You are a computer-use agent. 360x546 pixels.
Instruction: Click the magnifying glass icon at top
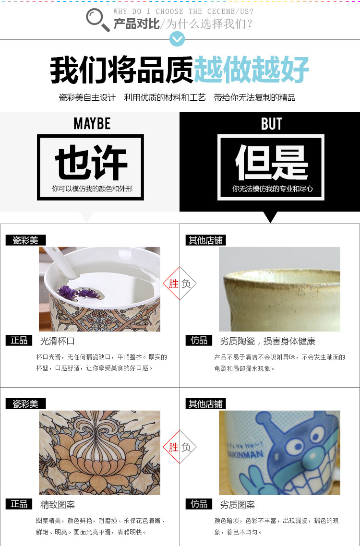pos(97,20)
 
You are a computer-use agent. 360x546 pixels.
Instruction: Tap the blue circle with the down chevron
pos(177,39)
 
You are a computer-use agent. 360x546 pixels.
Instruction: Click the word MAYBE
pos(92,124)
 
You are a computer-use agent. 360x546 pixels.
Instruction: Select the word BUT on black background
pos(272,124)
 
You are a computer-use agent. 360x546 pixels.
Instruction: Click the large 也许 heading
pos(91,163)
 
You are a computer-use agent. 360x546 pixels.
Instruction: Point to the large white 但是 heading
pos(272,162)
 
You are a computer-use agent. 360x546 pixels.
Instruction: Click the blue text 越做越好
pos(251,69)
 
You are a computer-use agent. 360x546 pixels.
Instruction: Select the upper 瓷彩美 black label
pos(25,240)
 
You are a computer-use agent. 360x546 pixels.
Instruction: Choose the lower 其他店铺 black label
pos(205,404)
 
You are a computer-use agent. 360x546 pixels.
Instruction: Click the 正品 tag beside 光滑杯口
pos(19,341)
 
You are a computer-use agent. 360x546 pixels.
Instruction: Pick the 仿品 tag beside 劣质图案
pos(199,504)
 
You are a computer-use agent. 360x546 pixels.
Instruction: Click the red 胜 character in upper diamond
pos(174,284)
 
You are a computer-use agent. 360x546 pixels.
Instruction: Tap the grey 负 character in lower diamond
pos(186,447)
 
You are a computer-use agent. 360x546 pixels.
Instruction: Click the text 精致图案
pos(58,505)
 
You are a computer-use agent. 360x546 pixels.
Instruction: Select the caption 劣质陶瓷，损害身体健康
pos(268,341)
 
